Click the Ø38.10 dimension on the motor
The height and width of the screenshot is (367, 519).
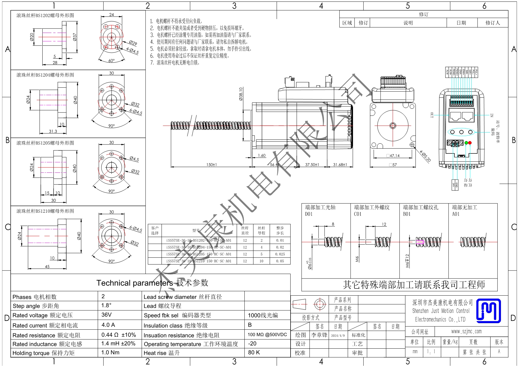pos(241,94)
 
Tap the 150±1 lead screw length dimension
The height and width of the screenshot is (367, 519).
pos(212,165)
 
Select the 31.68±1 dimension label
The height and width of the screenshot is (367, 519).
pos(340,165)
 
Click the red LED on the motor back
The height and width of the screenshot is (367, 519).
pos(470,143)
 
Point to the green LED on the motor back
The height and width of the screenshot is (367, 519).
pos(466,143)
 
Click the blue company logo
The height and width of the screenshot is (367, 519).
pos(489,311)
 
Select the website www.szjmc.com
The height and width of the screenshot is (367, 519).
pos(466,331)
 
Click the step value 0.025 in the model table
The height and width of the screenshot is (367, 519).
pos(280,254)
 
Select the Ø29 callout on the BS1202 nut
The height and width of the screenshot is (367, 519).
pos(133,43)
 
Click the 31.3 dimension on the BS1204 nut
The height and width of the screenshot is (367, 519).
pos(53,131)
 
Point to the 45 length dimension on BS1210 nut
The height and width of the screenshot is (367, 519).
pos(47,267)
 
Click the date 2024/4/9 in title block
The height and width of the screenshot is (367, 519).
pos(338,336)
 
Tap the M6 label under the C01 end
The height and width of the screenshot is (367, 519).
pos(357,259)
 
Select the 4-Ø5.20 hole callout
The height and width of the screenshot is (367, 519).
pos(425,156)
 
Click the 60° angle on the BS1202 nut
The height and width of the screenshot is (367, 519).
pos(111,61)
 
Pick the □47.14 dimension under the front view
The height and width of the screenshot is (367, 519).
pos(393,156)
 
